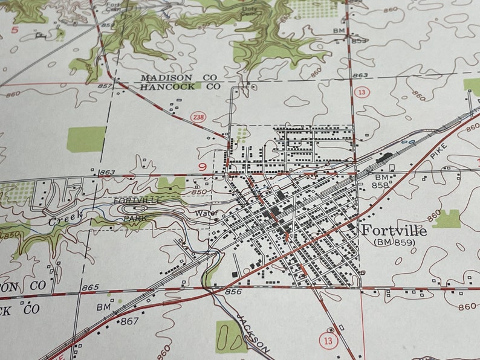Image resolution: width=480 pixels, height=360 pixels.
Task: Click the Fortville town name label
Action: pyautogui.click(x=394, y=231)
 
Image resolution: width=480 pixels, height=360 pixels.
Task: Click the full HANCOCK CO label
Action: pyautogui.click(x=180, y=87)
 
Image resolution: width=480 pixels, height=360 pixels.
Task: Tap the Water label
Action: pyautogui.click(x=205, y=213)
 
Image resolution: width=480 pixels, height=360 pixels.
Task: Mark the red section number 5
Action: pyautogui.click(x=15, y=28)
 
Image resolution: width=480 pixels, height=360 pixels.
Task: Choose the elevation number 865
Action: pyautogui.click(x=90, y=288)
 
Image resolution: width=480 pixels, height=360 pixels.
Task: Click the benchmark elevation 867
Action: pyautogui.click(x=129, y=321)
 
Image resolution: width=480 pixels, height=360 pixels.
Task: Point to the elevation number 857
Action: pyautogui.click(x=104, y=87)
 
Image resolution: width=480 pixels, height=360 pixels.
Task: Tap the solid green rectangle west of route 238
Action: pyautogui.click(x=86, y=139)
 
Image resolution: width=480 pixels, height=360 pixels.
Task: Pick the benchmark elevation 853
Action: pyautogui.click(x=359, y=40)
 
